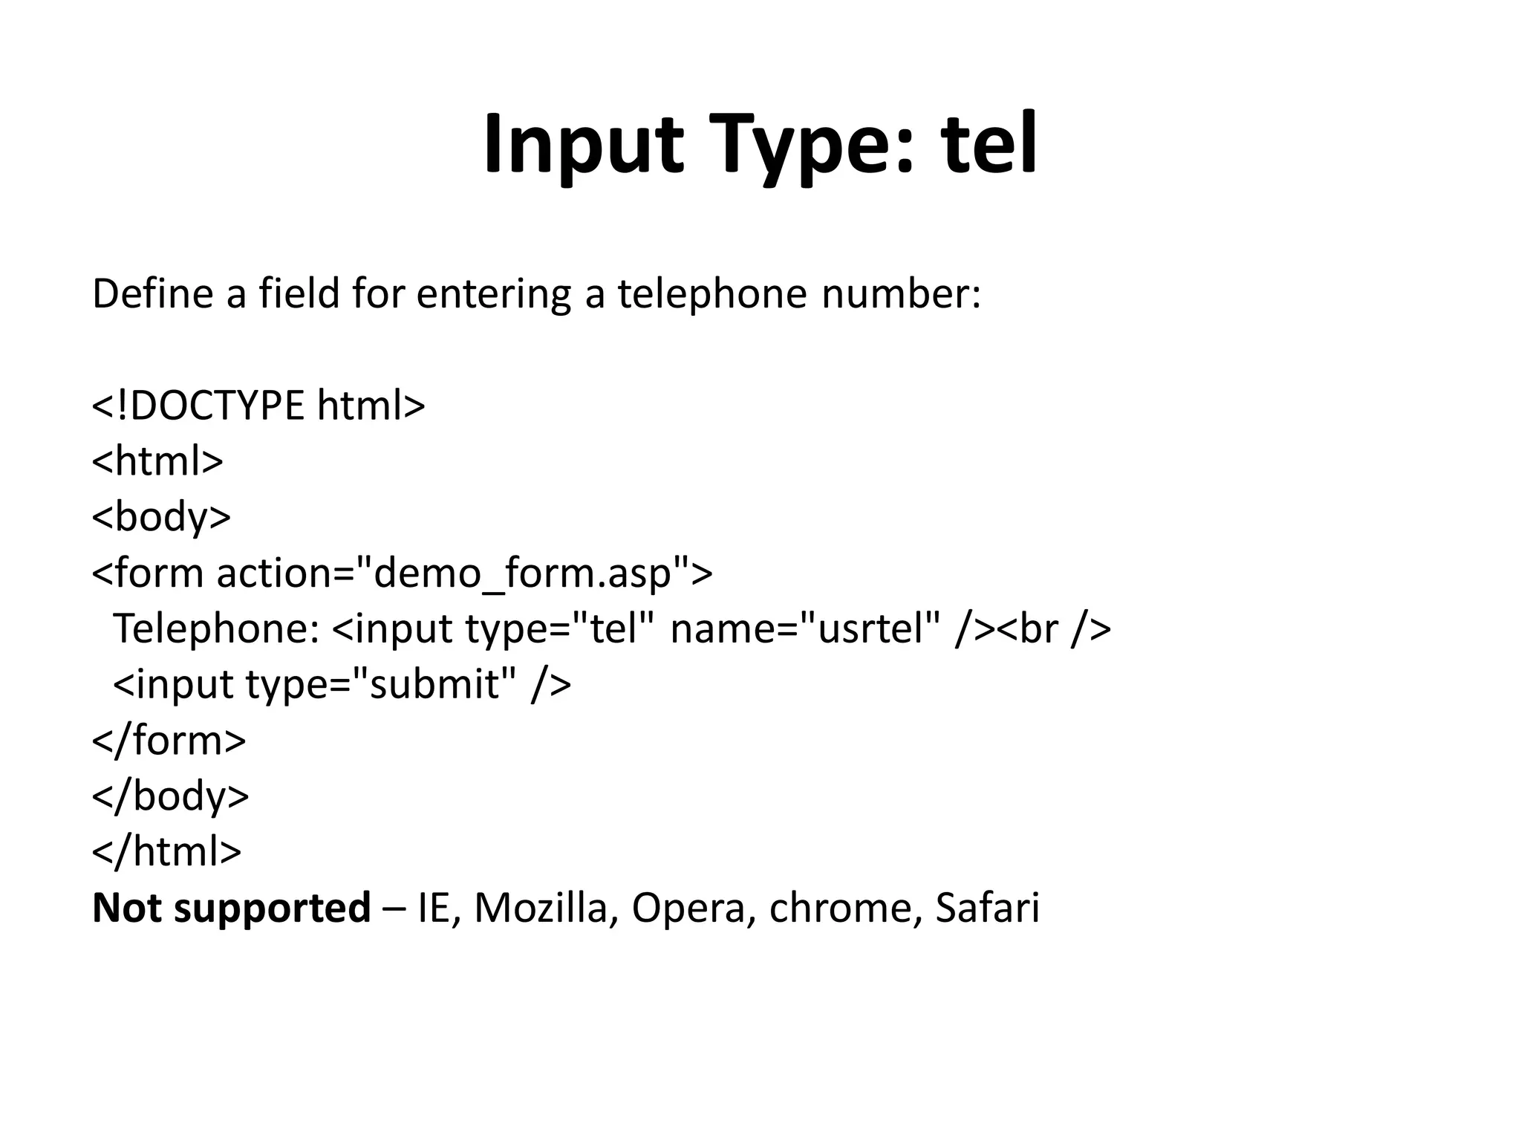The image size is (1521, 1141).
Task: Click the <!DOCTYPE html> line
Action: tap(258, 406)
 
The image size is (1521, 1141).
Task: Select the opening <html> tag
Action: tap(157, 461)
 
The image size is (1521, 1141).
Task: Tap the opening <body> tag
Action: tap(161, 517)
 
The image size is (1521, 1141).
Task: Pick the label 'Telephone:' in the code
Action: tap(216, 628)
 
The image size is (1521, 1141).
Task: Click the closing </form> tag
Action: tap(169, 741)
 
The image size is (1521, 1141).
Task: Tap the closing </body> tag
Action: tap(171, 796)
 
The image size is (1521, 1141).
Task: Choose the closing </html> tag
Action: tap(167, 852)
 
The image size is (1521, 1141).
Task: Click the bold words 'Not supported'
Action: tap(231, 908)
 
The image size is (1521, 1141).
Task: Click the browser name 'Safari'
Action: tap(987, 908)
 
